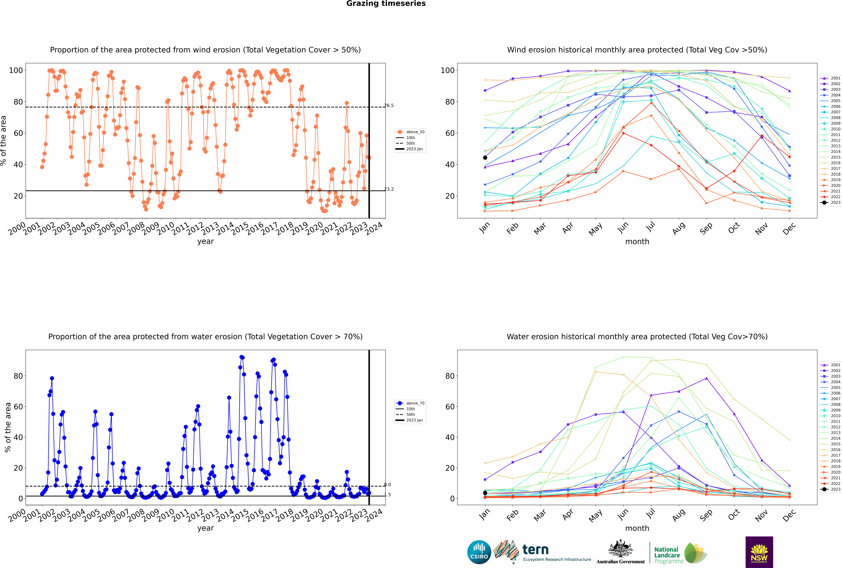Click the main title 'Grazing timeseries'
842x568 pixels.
point(386,4)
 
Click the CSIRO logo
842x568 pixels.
point(479,552)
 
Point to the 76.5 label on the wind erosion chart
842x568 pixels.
point(389,105)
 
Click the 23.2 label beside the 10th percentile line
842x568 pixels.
point(389,189)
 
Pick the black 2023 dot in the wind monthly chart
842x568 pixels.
point(485,158)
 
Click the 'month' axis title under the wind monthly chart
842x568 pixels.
point(637,242)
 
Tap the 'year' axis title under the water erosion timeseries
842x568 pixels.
point(206,528)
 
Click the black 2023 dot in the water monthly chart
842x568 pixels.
point(485,493)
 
